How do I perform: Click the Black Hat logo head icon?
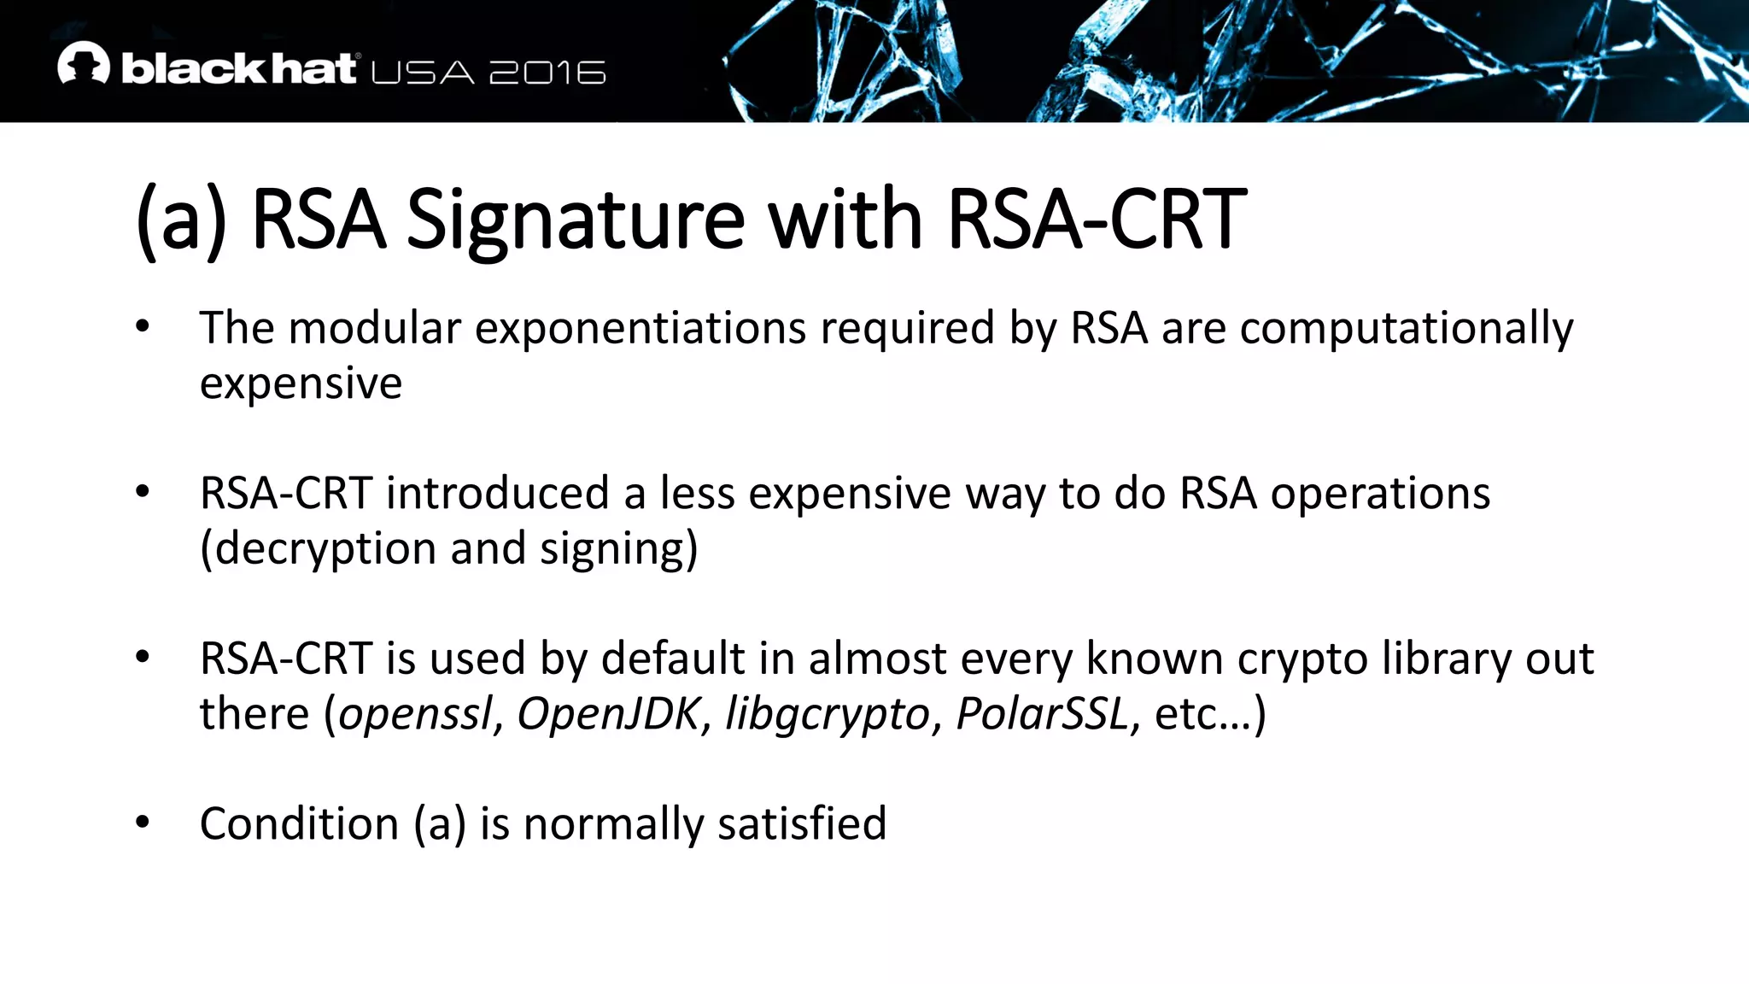84,63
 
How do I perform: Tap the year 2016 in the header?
547,73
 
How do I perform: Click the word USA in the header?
423,73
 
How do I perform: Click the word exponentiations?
640,329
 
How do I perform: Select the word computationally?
1406,329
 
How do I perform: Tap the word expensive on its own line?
301,384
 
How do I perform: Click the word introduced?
497,494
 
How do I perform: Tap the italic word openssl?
416,714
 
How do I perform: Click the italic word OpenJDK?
609,714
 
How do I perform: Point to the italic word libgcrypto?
827,714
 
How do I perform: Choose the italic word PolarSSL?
1042,714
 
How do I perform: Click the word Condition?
299,824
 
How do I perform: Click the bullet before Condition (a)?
143,823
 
